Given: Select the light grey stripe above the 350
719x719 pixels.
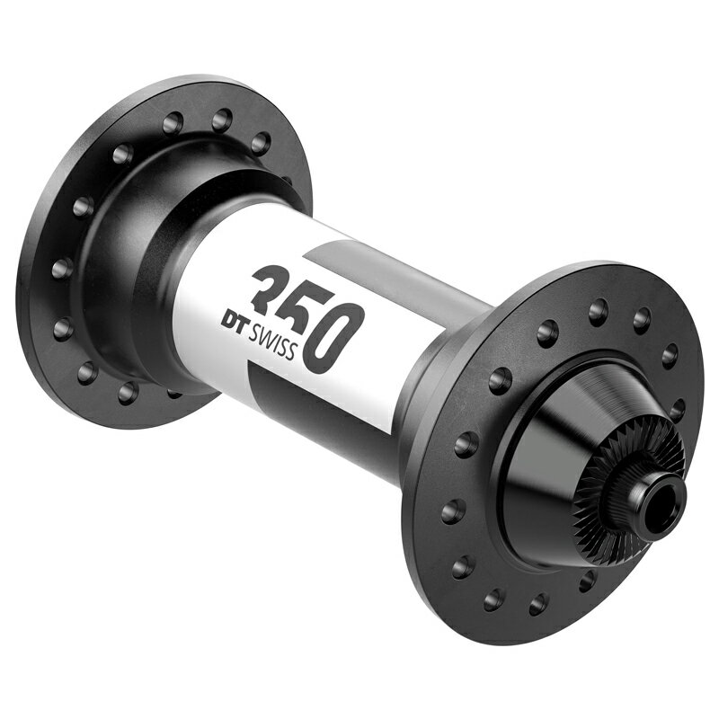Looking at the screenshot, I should coord(395,270).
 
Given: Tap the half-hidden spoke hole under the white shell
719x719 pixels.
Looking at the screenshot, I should coord(173,393).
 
